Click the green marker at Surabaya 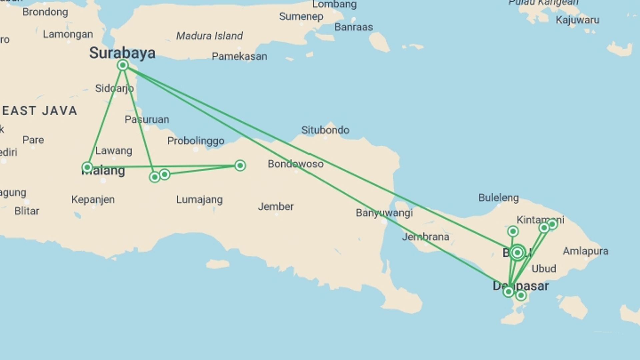pyautogui.click(x=123, y=65)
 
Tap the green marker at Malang pyautogui.click(x=87, y=167)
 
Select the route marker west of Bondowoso pyautogui.click(x=240, y=165)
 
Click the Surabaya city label pyautogui.click(x=122, y=53)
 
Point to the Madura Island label pyautogui.click(x=209, y=36)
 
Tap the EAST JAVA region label pyautogui.click(x=40, y=111)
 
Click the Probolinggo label pyautogui.click(x=196, y=141)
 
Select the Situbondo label pyautogui.click(x=325, y=130)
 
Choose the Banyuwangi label pyautogui.click(x=384, y=213)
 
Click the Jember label pyautogui.click(x=276, y=206)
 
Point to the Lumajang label pyautogui.click(x=199, y=199)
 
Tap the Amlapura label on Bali pyautogui.click(x=585, y=251)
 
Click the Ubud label pyautogui.click(x=544, y=268)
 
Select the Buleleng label pyautogui.click(x=499, y=198)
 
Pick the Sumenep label pyautogui.click(x=301, y=16)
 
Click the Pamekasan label pyautogui.click(x=239, y=56)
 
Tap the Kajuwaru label pyautogui.click(x=577, y=20)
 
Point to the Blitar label pyautogui.click(x=27, y=211)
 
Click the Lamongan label pyautogui.click(x=68, y=34)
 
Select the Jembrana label pyautogui.click(x=425, y=237)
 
